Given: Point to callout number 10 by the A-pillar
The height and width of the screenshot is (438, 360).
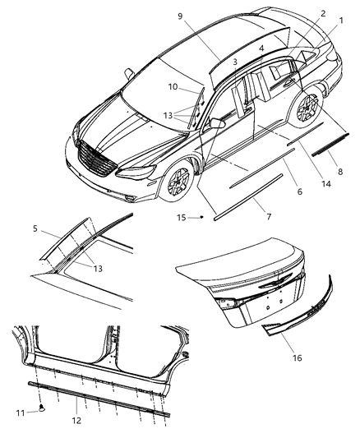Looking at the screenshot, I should (x=173, y=85).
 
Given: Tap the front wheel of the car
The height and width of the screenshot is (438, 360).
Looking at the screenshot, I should (x=178, y=182).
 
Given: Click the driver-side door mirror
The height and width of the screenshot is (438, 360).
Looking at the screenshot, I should (x=217, y=123).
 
